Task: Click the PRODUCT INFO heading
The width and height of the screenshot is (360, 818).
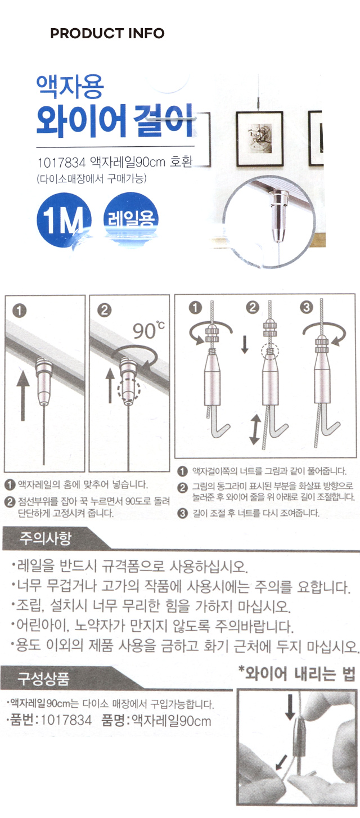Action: pos(107,33)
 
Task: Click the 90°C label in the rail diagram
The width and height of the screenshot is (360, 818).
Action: pos(148,330)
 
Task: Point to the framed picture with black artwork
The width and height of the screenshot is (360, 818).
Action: pos(260,138)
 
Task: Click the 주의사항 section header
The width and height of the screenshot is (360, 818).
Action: pos(45,538)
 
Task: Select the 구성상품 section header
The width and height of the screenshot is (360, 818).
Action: pos(43,678)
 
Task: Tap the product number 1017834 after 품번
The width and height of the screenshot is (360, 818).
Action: pos(66,721)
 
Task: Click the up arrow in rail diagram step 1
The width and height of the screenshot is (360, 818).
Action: pos(23,395)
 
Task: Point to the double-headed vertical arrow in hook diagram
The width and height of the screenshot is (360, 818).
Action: pos(255,429)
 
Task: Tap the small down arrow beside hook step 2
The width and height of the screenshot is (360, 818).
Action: pos(245,345)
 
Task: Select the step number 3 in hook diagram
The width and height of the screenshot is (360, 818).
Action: pos(307,308)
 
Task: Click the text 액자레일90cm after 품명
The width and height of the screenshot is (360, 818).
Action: pos(171,721)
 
